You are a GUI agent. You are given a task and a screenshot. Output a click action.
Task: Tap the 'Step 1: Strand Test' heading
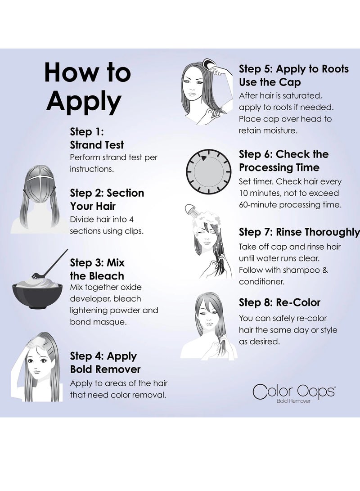click(x=97, y=139)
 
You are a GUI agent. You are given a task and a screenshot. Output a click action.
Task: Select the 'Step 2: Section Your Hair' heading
click(x=107, y=199)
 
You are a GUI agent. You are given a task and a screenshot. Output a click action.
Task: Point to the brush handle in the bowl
click(x=56, y=261)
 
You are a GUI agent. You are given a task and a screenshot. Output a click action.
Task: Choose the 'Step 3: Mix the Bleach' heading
click(x=97, y=269)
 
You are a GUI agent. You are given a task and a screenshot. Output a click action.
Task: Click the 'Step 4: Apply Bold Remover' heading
click(x=105, y=363)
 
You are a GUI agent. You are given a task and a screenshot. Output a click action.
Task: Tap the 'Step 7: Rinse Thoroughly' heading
click(x=299, y=232)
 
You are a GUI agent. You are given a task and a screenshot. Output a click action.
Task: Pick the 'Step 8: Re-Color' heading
click(x=279, y=302)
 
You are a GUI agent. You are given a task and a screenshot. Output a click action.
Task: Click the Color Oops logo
click(x=294, y=391)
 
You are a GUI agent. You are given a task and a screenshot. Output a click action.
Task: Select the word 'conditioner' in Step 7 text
click(x=261, y=281)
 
